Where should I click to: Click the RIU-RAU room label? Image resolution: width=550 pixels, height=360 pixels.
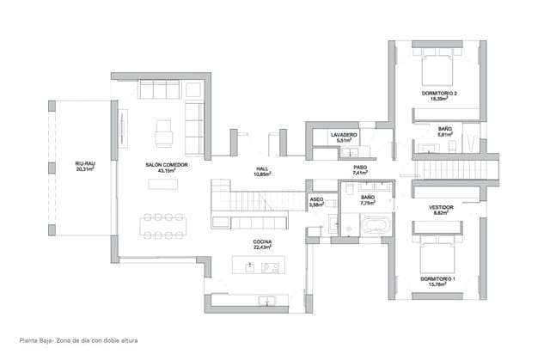tap(84, 163)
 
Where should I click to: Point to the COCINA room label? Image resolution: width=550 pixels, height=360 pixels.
tap(262, 242)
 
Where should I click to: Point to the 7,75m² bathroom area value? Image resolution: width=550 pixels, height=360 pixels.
tap(368, 204)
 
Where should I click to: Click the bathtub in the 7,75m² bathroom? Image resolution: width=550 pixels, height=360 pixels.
tap(373, 227)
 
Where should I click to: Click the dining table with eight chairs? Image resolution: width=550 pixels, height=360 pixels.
tap(163, 224)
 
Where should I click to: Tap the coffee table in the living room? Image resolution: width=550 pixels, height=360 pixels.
tap(163, 183)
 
